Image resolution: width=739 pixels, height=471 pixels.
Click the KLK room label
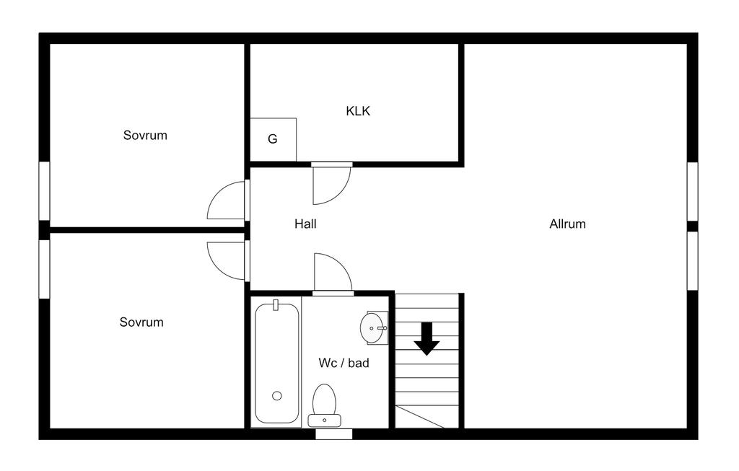click(x=358, y=111)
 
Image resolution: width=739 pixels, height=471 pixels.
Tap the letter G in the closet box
click(x=273, y=139)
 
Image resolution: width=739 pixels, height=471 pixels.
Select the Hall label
click(x=305, y=224)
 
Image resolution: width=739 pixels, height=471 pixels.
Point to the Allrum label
click(x=567, y=224)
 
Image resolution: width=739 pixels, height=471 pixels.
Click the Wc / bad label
click(x=344, y=363)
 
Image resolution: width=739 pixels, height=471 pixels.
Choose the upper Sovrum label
click(x=145, y=135)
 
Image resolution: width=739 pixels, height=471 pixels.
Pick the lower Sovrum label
click(x=141, y=322)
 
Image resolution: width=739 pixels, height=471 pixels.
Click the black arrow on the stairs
click(x=427, y=338)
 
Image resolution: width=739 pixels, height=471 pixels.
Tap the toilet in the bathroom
click(x=324, y=404)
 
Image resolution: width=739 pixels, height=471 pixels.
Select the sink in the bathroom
click(x=374, y=328)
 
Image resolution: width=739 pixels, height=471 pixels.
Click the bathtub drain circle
click(x=277, y=395)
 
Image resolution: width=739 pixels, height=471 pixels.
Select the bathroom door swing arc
click(x=332, y=272)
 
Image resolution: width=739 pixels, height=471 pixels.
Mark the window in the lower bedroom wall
click(x=44, y=269)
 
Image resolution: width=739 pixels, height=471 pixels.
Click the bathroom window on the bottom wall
click(x=334, y=433)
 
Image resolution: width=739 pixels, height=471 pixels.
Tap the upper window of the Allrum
click(x=692, y=190)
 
